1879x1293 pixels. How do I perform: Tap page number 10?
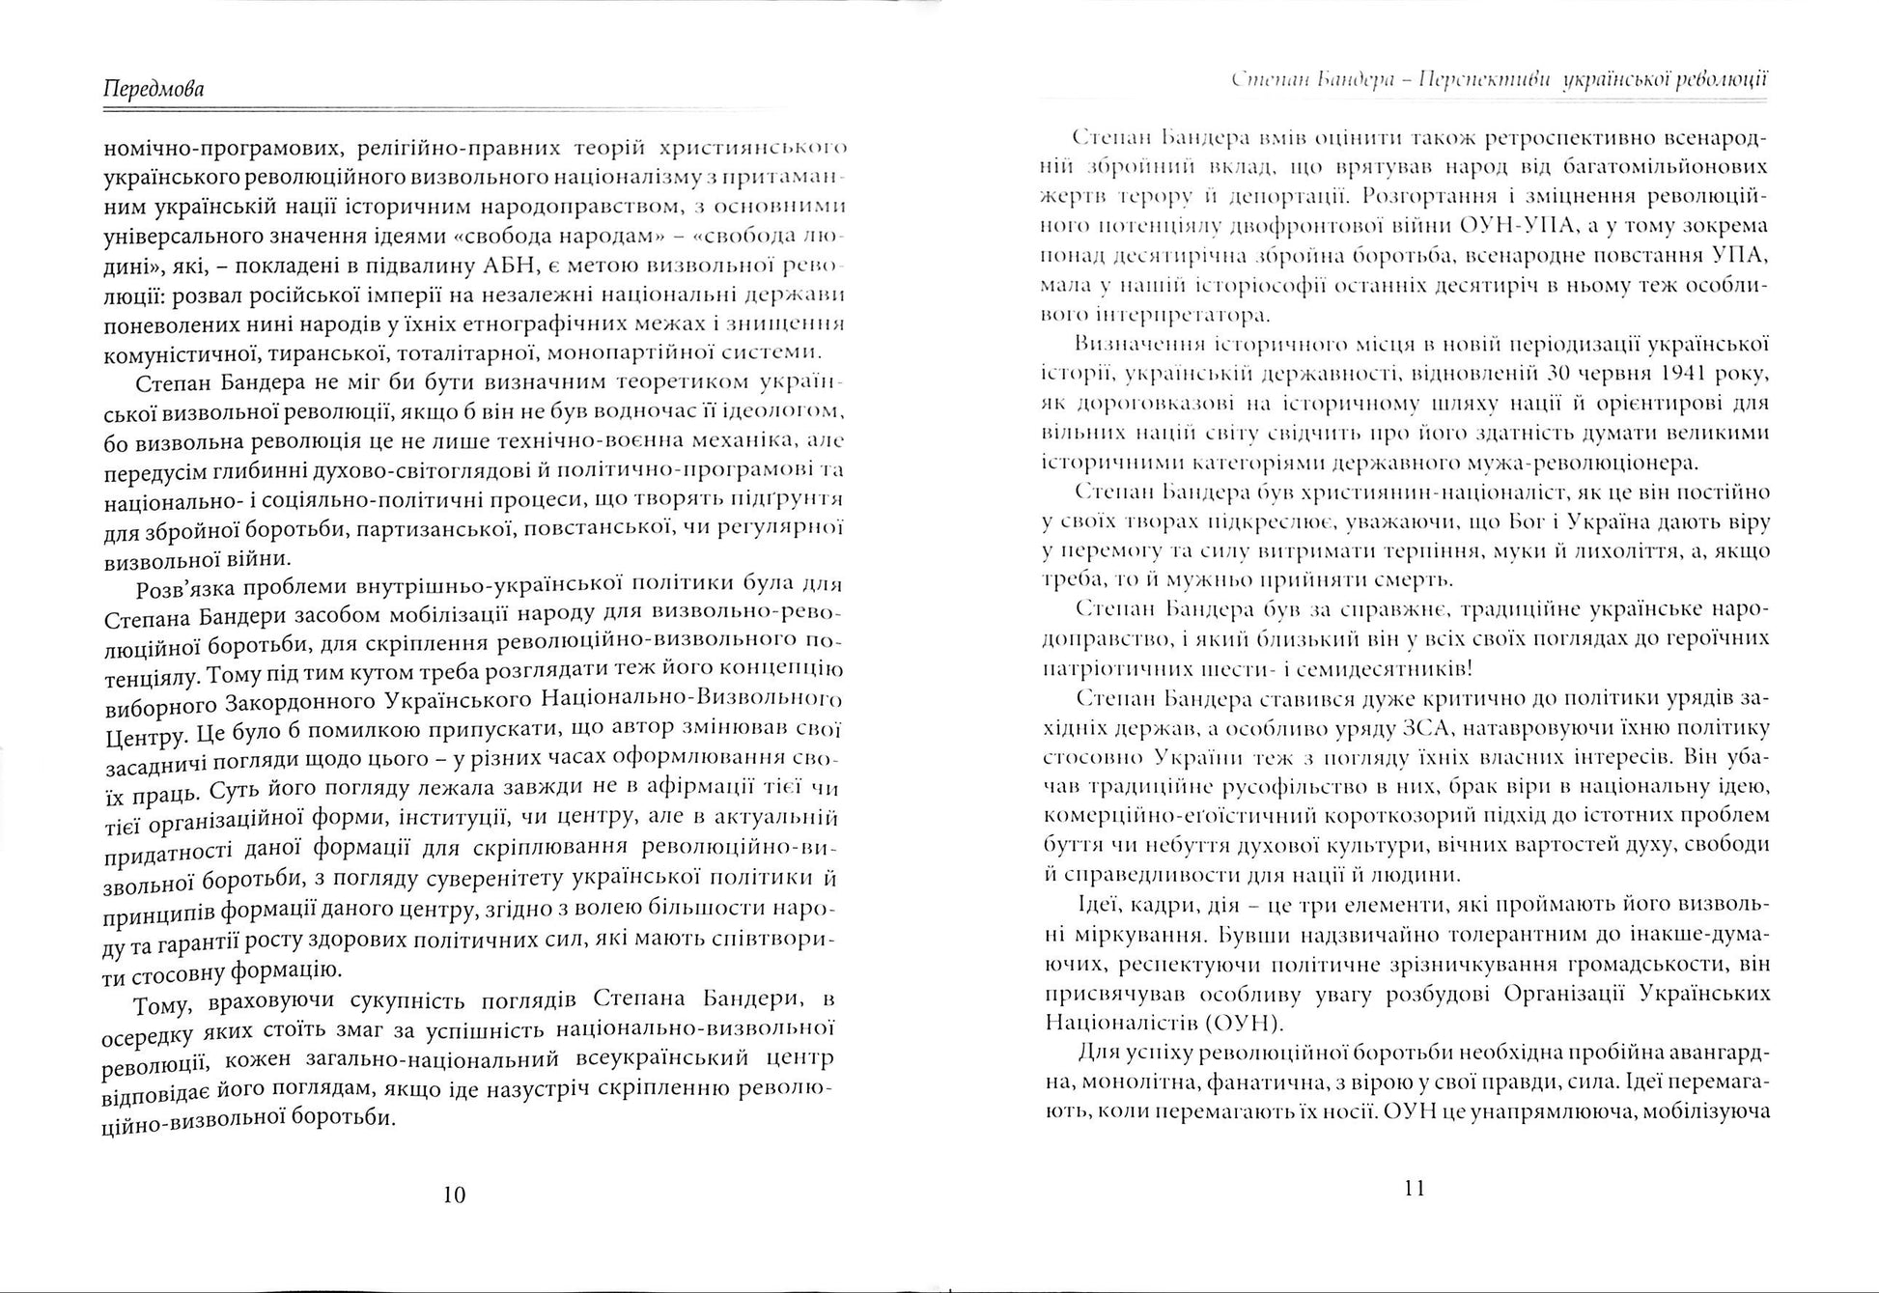click(454, 1195)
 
